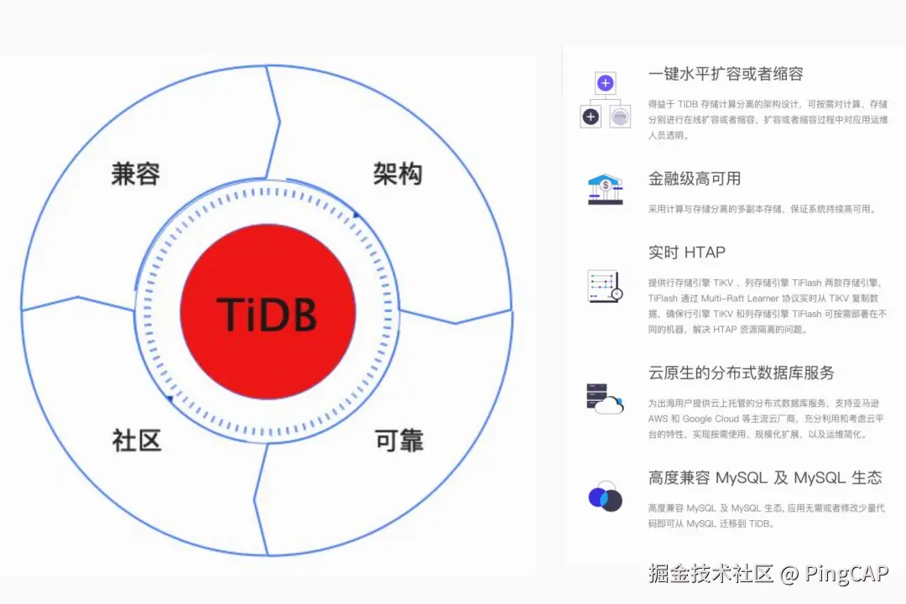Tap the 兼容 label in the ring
click(x=135, y=174)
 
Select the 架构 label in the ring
click(x=398, y=174)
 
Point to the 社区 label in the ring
click(x=136, y=440)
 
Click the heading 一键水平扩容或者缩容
click(x=726, y=74)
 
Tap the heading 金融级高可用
click(x=695, y=179)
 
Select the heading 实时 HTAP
click(x=687, y=253)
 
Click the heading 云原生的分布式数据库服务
click(x=742, y=372)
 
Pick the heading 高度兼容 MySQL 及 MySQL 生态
click(x=765, y=478)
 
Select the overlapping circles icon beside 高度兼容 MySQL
click(x=605, y=497)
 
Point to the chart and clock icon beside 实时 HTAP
click(x=605, y=286)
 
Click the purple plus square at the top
click(x=606, y=83)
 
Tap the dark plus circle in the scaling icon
click(x=591, y=117)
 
